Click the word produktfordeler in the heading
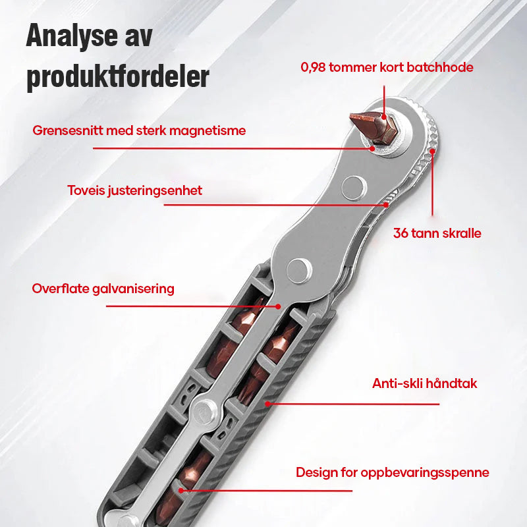click(x=118, y=76)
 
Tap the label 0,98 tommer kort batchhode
click(x=387, y=67)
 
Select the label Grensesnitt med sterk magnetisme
click(x=139, y=130)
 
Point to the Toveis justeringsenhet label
click(x=134, y=191)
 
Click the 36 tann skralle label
click(x=437, y=233)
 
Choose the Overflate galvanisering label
click(x=103, y=289)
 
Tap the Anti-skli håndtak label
click(x=424, y=383)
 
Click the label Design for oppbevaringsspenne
click(x=392, y=472)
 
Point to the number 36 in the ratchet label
click(x=401, y=233)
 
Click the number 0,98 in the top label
click(x=314, y=67)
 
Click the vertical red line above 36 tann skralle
click(x=433, y=184)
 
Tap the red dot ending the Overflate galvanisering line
click(x=279, y=306)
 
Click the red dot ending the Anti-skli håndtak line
click(x=267, y=402)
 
